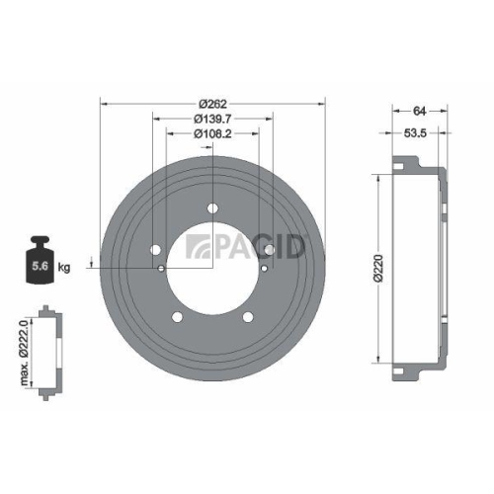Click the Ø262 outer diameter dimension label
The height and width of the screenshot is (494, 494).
coord(213,105)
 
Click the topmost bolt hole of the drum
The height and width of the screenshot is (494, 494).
coord(213,208)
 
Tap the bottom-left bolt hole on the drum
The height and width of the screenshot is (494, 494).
coord(178,317)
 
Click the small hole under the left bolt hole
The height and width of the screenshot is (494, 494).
coord(162,267)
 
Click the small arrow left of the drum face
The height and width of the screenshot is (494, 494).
coord(92,263)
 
